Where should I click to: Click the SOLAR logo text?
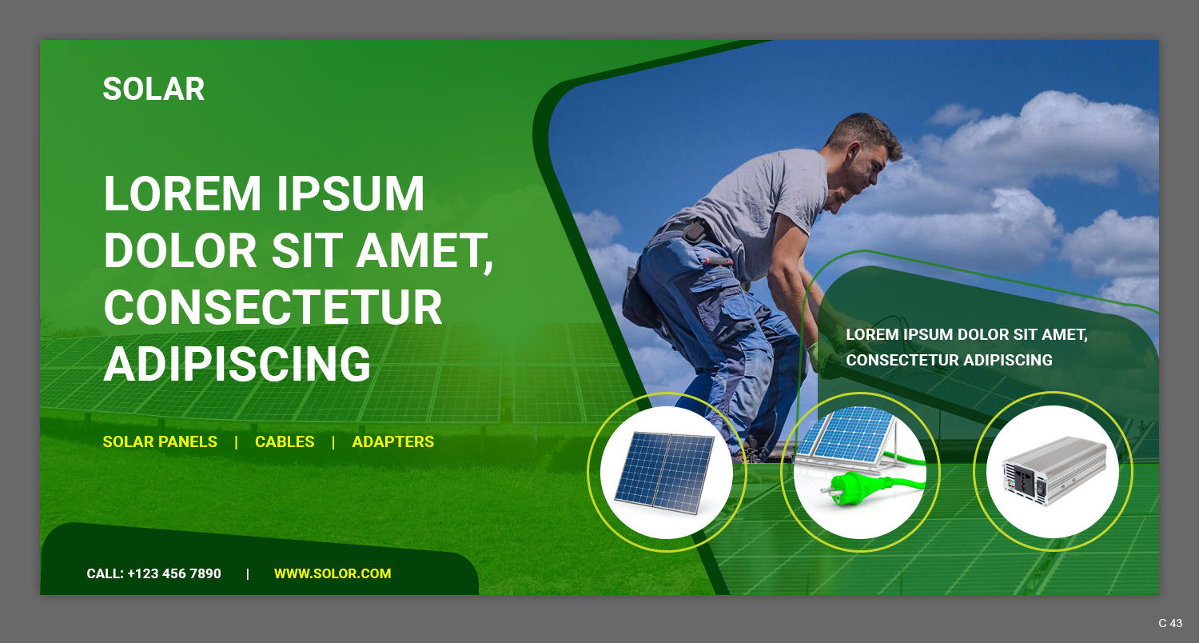(x=153, y=89)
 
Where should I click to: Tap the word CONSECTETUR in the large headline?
(x=273, y=308)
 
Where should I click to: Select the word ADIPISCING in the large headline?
(x=237, y=365)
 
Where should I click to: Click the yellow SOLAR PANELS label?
(x=160, y=441)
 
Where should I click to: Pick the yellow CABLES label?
(x=285, y=441)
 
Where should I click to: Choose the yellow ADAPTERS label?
(x=393, y=441)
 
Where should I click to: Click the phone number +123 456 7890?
(x=174, y=573)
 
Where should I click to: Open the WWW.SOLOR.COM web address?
(x=333, y=573)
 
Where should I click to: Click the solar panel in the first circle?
(x=665, y=472)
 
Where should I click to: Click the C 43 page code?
(x=1170, y=623)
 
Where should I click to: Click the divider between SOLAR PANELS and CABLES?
(x=237, y=441)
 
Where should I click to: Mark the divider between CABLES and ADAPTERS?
(x=333, y=441)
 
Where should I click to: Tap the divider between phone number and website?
(x=248, y=573)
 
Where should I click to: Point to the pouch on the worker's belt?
(x=694, y=231)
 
